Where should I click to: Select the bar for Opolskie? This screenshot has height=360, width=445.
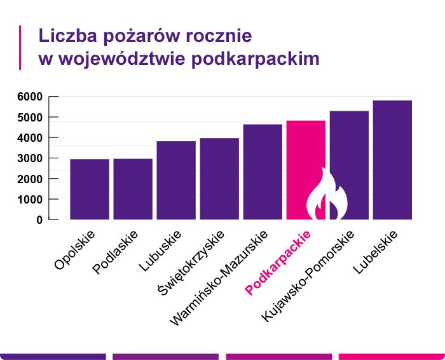point(90,189)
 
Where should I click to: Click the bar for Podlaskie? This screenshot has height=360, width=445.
point(133,189)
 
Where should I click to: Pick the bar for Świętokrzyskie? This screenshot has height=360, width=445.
point(219,179)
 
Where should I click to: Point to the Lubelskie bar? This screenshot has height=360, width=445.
point(392,160)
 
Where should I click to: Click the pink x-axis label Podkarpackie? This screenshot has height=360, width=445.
point(279,263)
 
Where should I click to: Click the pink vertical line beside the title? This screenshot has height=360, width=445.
point(20,47)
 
